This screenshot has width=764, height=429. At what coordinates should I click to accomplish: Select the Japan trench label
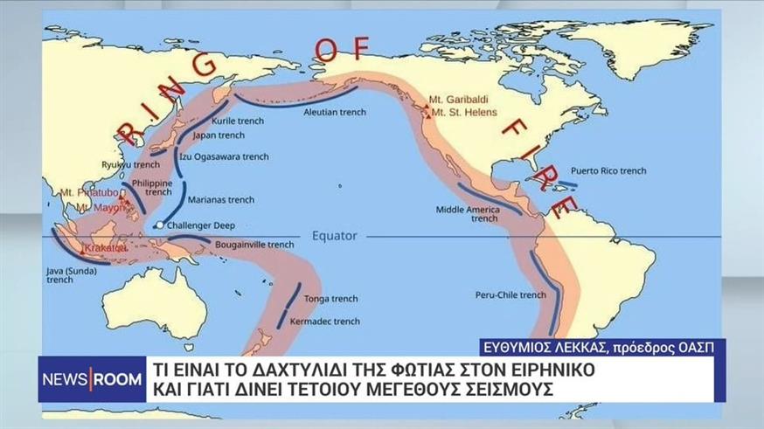[218, 135]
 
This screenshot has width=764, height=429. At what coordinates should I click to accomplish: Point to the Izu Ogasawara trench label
[224, 157]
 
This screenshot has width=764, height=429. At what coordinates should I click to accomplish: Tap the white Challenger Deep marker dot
[159, 225]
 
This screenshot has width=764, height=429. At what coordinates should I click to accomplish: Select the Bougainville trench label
[254, 245]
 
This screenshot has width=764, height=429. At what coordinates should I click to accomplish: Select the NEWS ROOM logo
[85, 380]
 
